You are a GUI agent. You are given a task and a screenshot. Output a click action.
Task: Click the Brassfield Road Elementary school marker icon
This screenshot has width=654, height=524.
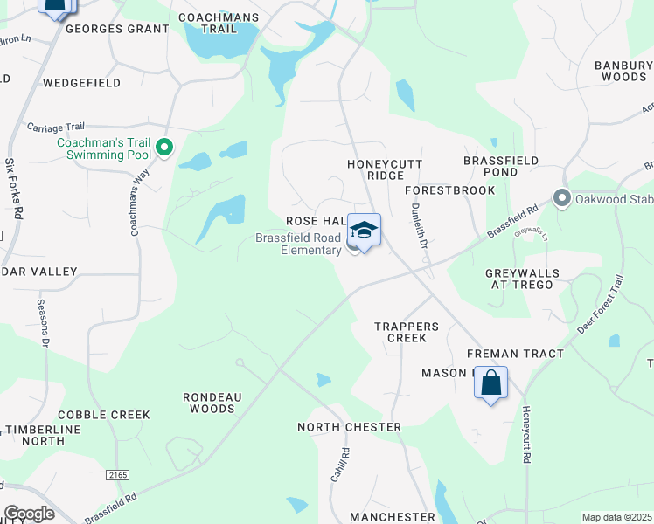pyautogui.click(x=364, y=230)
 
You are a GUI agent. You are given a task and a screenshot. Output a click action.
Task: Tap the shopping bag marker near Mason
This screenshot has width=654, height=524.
pyautogui.click(x=491, y=383)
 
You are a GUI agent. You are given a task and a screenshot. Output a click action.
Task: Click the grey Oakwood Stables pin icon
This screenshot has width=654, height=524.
pyautogui.click(x=561, y=198)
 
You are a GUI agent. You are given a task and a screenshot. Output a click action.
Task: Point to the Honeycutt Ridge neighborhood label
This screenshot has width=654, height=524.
pyautogui.click(x=385, y=169)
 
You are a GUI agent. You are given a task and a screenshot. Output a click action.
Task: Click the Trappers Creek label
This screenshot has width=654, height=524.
pyautogui.click(x=400, y=332)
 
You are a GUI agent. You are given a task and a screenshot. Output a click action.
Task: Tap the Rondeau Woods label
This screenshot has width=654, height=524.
pyautogui.click(x=211, y=403)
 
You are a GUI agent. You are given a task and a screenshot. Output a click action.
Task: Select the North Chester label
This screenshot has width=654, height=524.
pyautogui.click(x=349, y=427)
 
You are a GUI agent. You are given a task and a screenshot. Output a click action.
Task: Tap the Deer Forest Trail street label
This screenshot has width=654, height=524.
pyautogui.click(x=601, y=305)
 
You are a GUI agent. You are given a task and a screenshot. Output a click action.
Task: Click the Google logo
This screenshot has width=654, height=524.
pyautogui.click(x=29, y=514)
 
